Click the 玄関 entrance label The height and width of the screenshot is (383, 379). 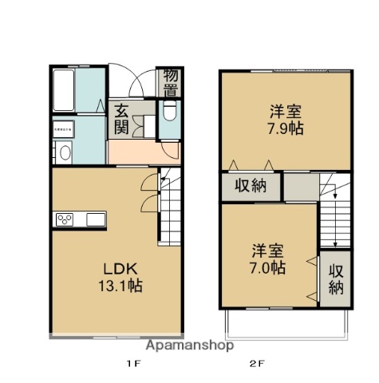tap(121, 119)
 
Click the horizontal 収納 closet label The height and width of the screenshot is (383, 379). tap(251, 187)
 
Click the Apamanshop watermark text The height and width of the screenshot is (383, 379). tap(189, 345)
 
